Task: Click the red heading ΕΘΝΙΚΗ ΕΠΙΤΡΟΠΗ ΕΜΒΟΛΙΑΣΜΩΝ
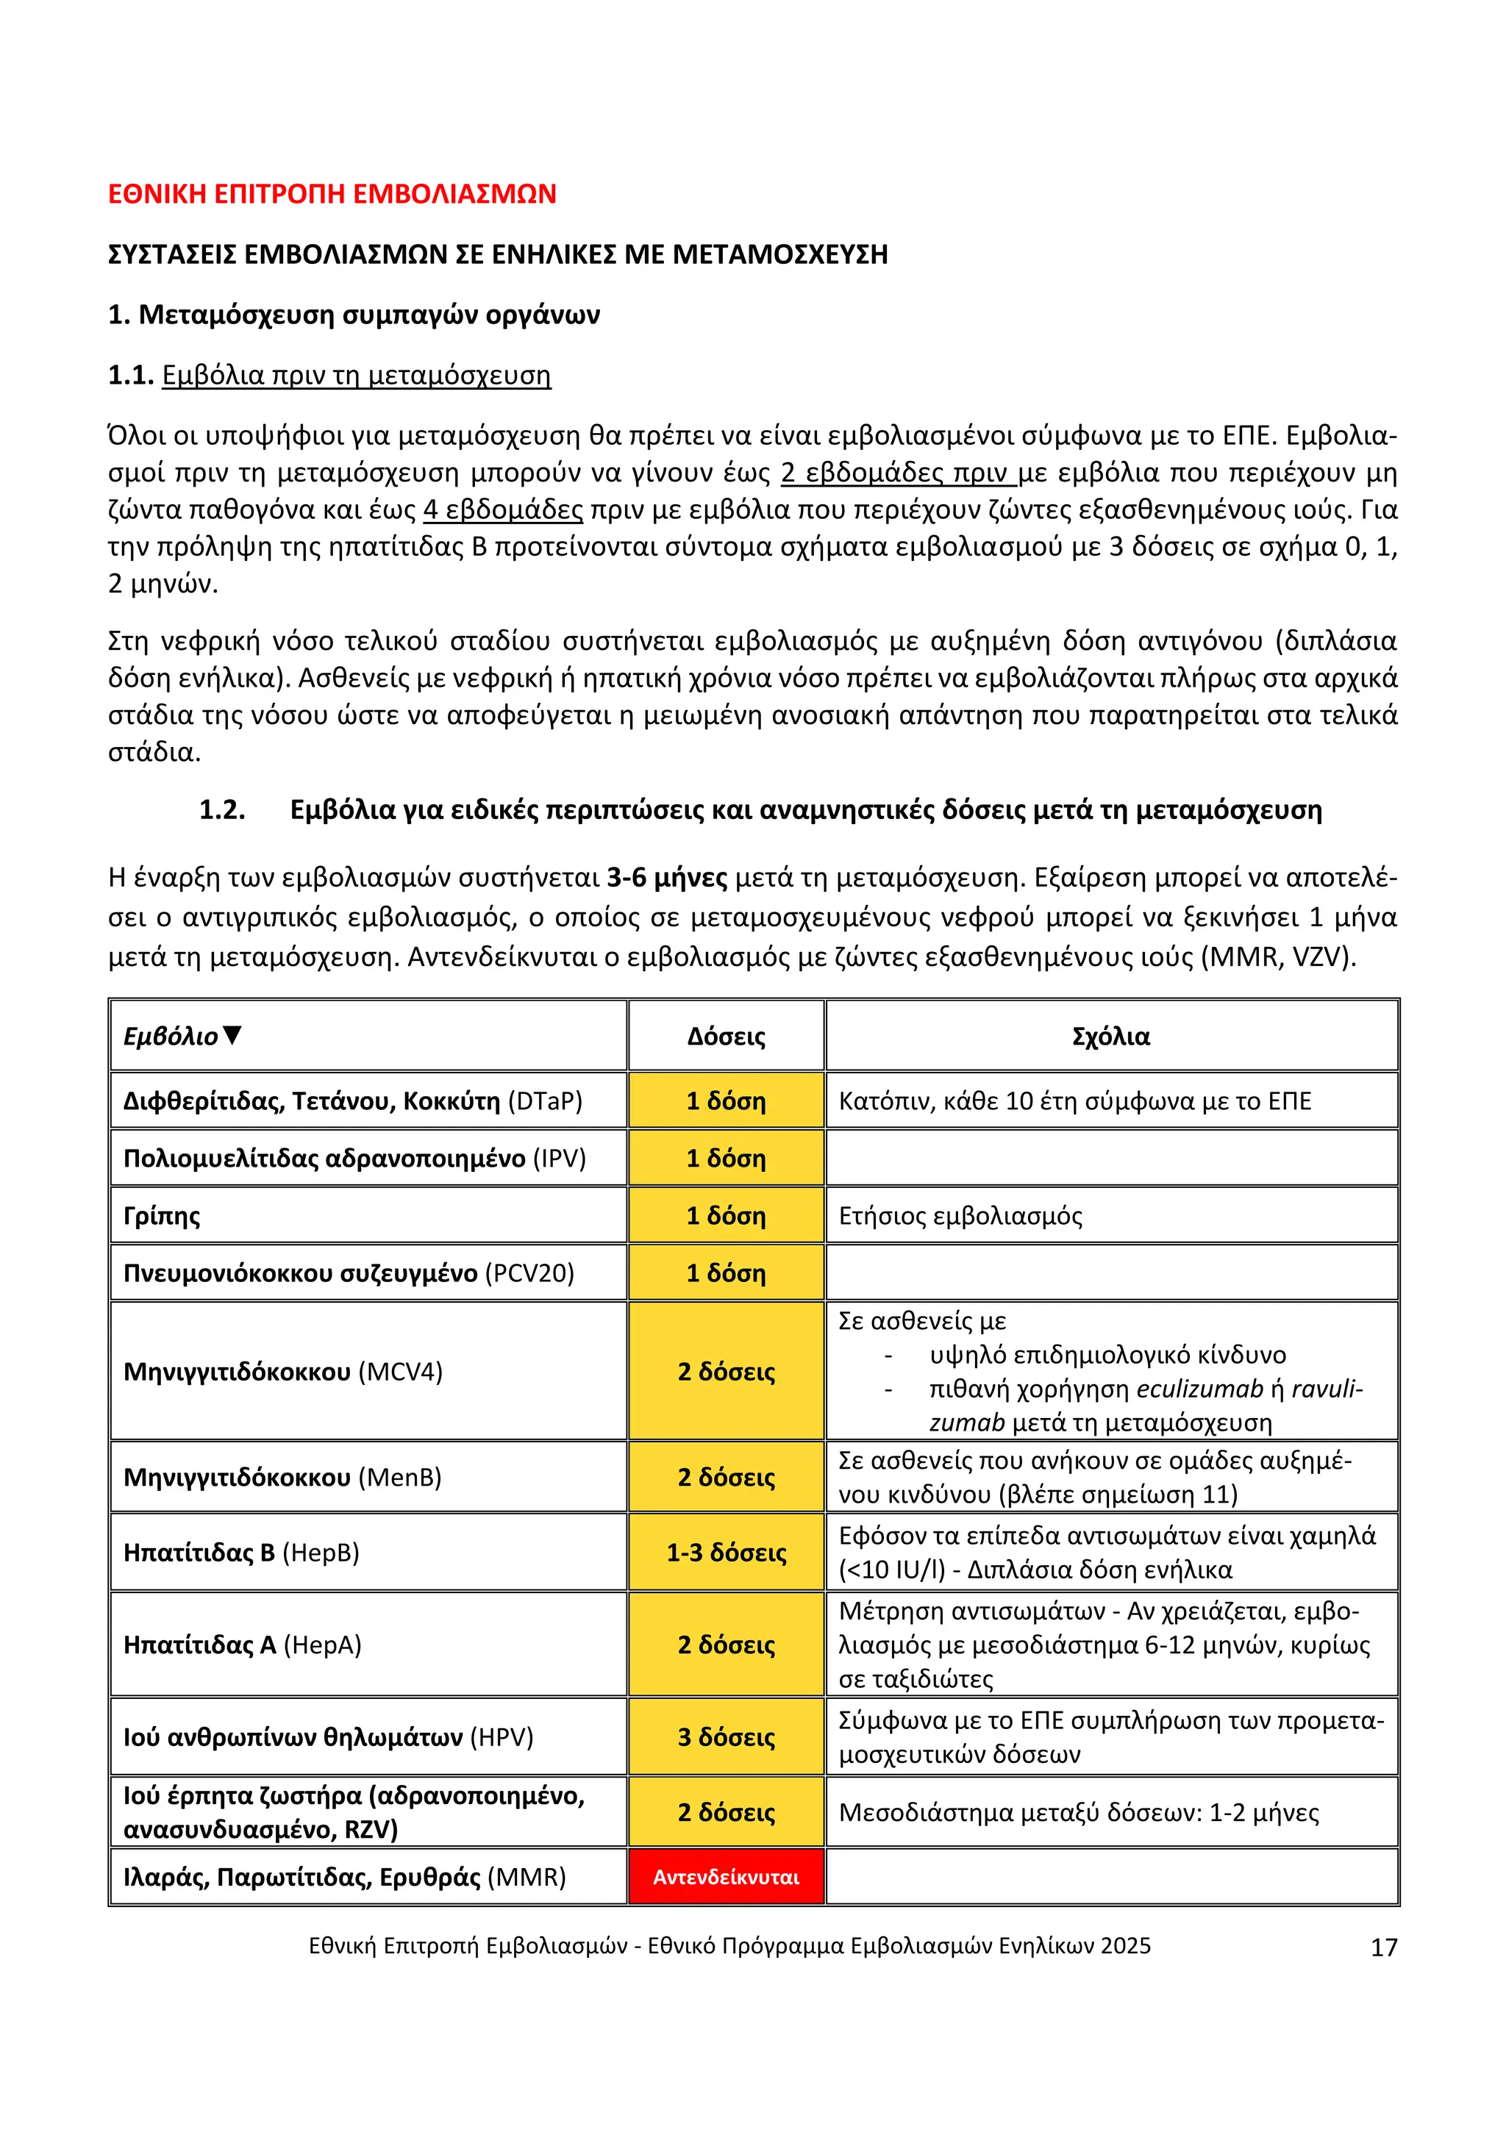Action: [332, 194]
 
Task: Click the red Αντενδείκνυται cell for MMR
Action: [726, 1877]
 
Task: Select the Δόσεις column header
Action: [726, 1036]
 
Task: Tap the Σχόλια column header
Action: [1111, 1036]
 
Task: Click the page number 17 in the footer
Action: [1384, 1947]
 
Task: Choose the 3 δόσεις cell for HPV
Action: [726, 1736]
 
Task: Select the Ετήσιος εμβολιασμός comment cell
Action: [960, 1216]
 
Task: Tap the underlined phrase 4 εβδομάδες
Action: [504, 510]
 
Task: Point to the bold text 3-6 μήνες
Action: [667, 877]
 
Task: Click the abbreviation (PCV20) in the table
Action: [529, 1273]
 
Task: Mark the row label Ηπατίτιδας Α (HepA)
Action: [242, 1645]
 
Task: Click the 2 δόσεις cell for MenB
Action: [726, 1477]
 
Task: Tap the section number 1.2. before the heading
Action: [223, 810]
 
